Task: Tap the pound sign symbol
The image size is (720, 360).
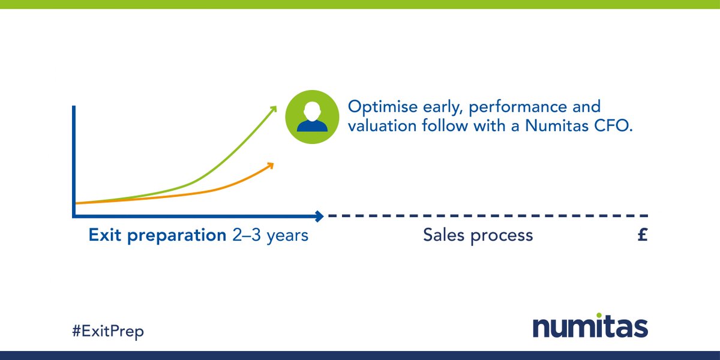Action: point(642,235)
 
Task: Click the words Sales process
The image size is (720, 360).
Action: point(478,235)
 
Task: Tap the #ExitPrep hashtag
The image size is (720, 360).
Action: point(109,330)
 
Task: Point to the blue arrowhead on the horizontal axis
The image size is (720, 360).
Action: point(319,215)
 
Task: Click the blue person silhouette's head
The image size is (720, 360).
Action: point(311,110)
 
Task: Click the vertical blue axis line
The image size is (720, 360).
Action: point(74,159)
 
